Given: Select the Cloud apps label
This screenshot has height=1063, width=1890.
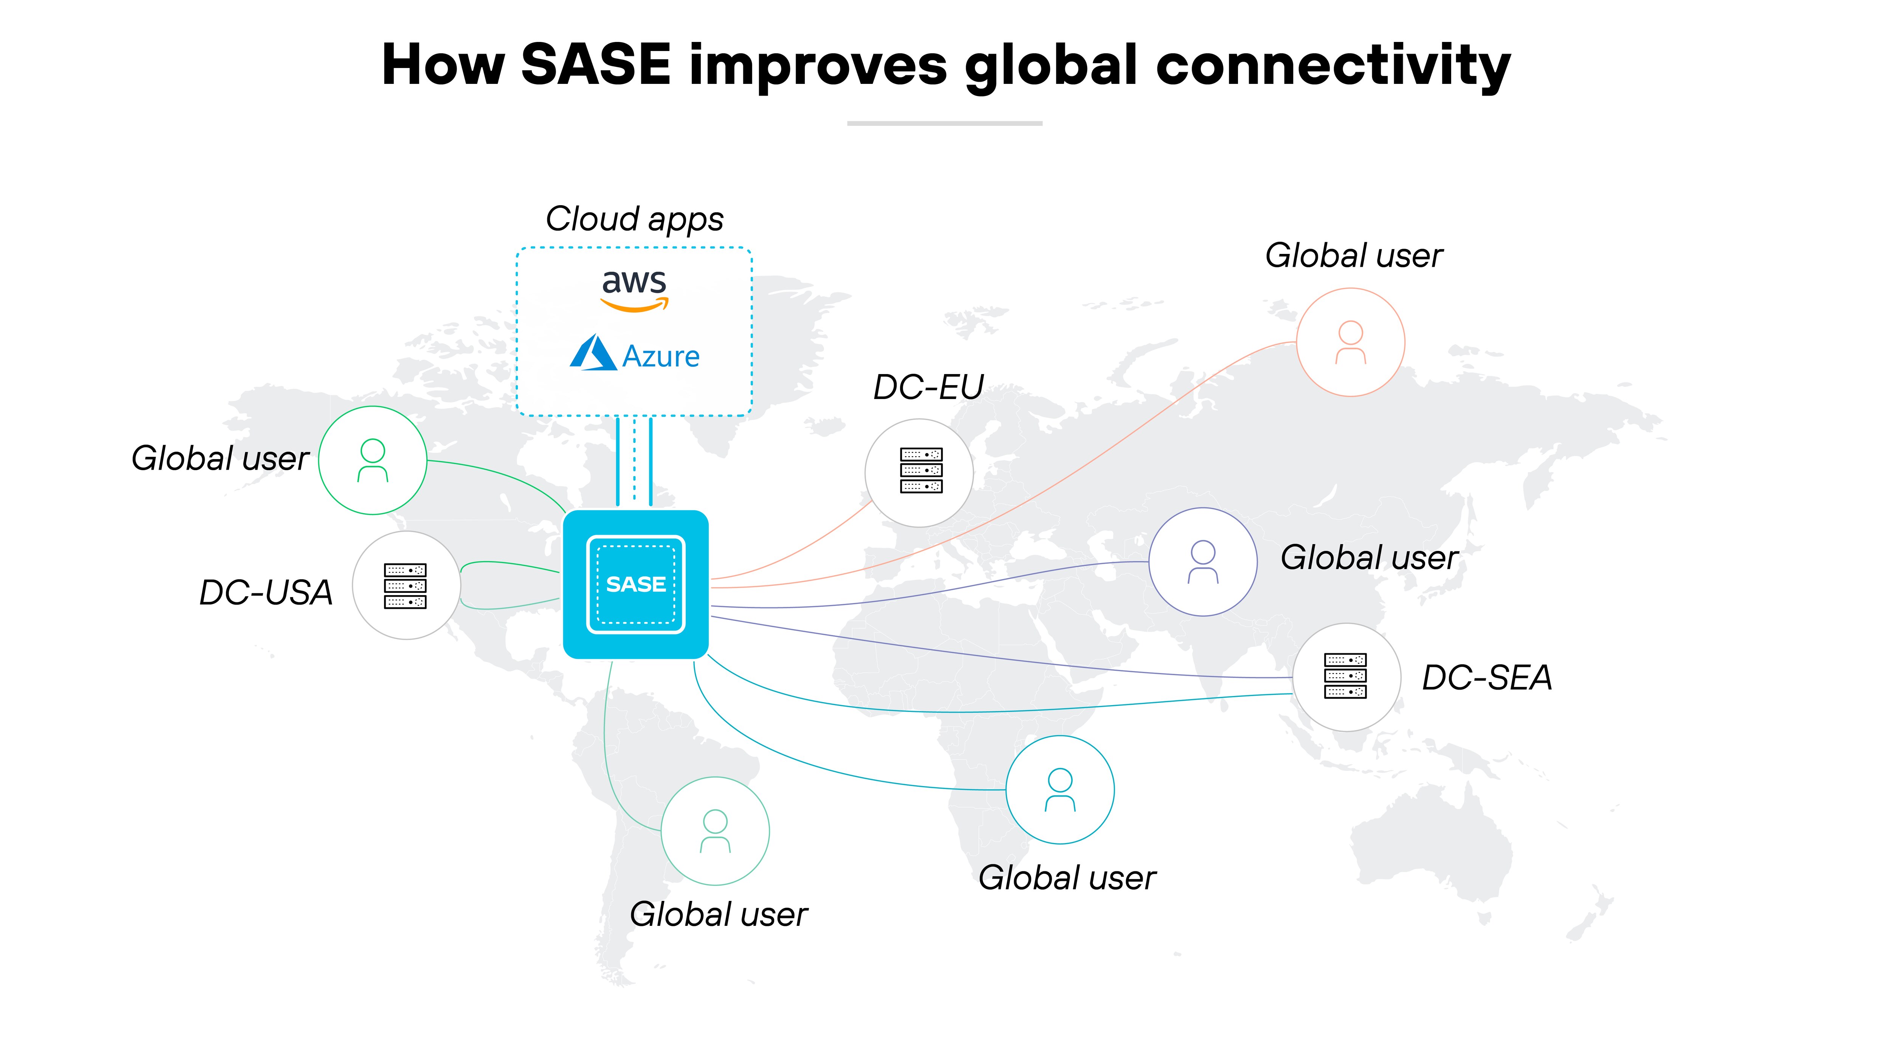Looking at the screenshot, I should click(x=634, y=219).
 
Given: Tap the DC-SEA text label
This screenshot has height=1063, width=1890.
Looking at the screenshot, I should click(x=1486, y=677).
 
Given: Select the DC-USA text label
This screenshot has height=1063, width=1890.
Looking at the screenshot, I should click(x=266, y=592).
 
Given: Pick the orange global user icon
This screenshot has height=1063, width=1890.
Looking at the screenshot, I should click(x=1350, y=343).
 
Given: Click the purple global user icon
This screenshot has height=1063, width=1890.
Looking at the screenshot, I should click(x=1202, y=562).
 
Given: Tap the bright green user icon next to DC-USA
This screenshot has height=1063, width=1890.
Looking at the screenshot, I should click(x=373, y=461).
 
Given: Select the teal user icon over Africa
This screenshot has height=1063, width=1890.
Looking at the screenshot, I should click(x=1060, y=790).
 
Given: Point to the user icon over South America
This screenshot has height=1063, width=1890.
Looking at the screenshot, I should click(x=715, y=831).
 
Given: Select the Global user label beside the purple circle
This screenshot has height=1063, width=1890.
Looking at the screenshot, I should click(x=1369, y=557).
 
